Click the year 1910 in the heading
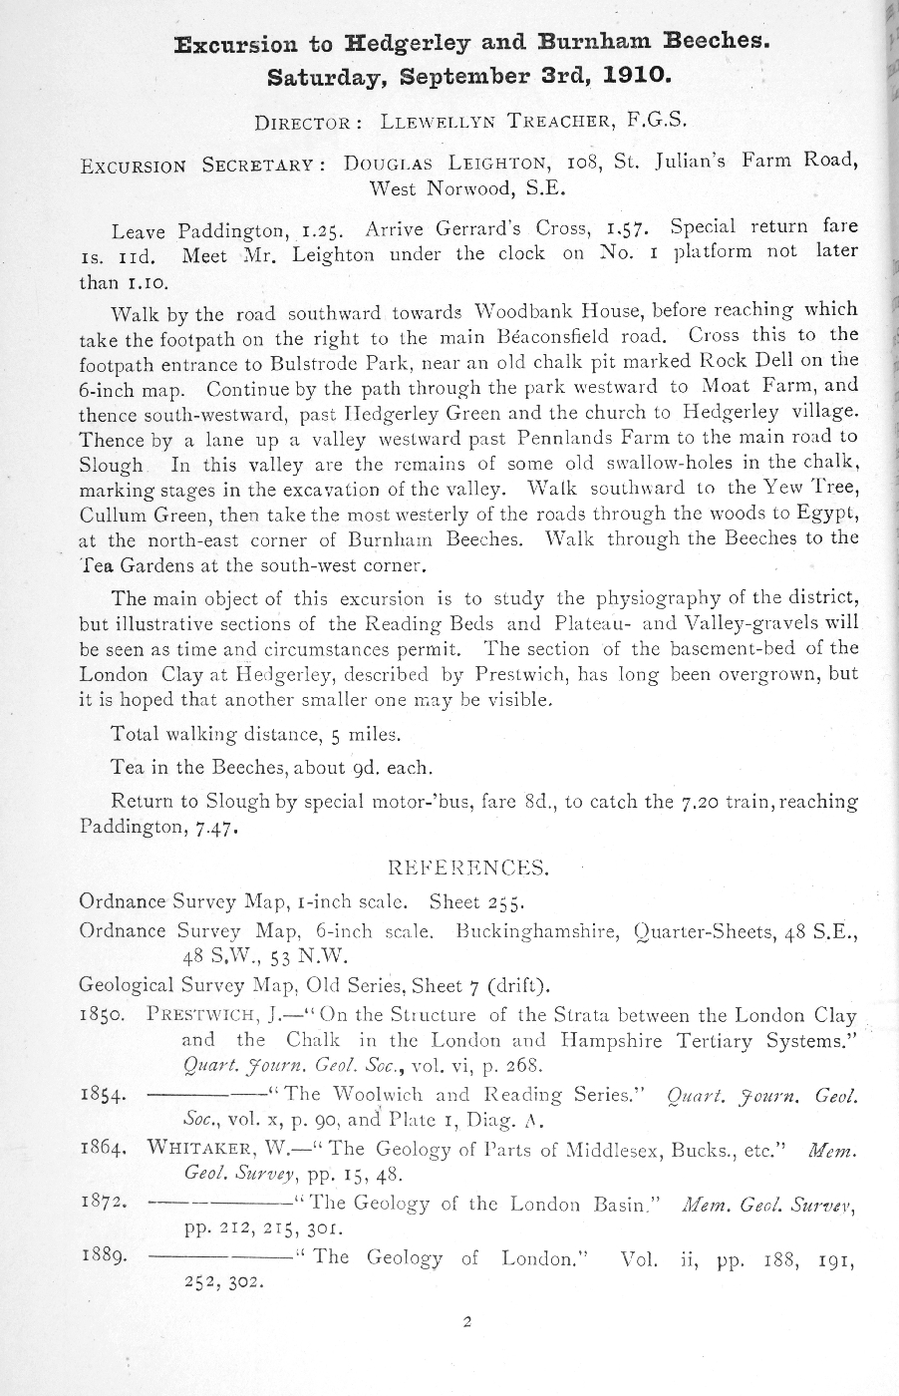pyautogui.click(x=634, y=76)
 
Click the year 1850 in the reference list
pyautogui.click(x=101, y=1016)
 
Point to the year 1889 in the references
pyautogui.click(x=101, y=1256)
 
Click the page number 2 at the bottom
pyautogui.click(x=465, y=1324)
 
